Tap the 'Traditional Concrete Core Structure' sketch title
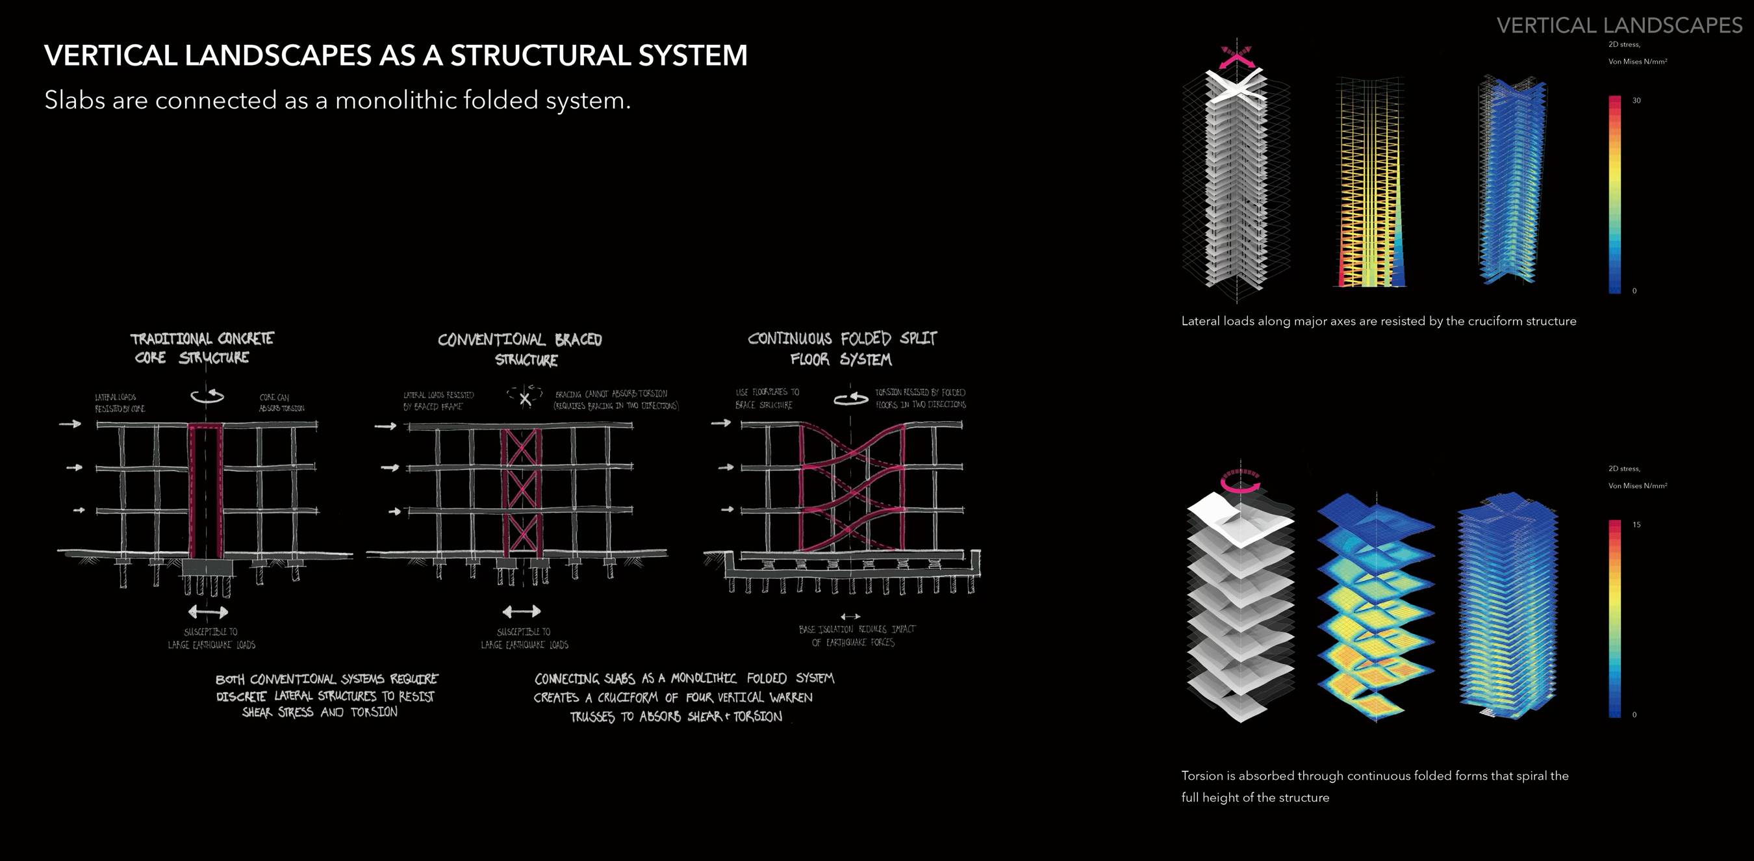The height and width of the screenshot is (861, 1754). point(201,348)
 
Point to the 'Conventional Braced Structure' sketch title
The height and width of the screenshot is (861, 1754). point(520,350)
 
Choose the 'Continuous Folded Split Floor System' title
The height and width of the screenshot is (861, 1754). point(843,349)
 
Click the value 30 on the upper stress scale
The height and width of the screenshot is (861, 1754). point(1636,101)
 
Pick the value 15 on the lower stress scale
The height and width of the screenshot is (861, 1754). point(1636,525)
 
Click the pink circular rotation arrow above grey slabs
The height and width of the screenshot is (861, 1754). point(1240,480)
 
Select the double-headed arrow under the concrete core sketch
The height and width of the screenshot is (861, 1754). point(208,611)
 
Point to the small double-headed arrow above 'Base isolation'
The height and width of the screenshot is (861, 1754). point(850,617)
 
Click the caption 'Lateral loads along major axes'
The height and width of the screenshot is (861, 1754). point(1378,322)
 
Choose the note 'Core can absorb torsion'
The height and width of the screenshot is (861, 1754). point(281,403)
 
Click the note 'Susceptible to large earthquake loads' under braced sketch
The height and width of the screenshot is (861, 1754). point(524,638)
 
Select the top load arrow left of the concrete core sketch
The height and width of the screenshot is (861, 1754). point(70,424)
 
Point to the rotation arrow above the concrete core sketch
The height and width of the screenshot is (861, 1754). point(208,396)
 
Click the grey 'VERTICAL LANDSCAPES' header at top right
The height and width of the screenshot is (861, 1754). point(1618,26)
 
